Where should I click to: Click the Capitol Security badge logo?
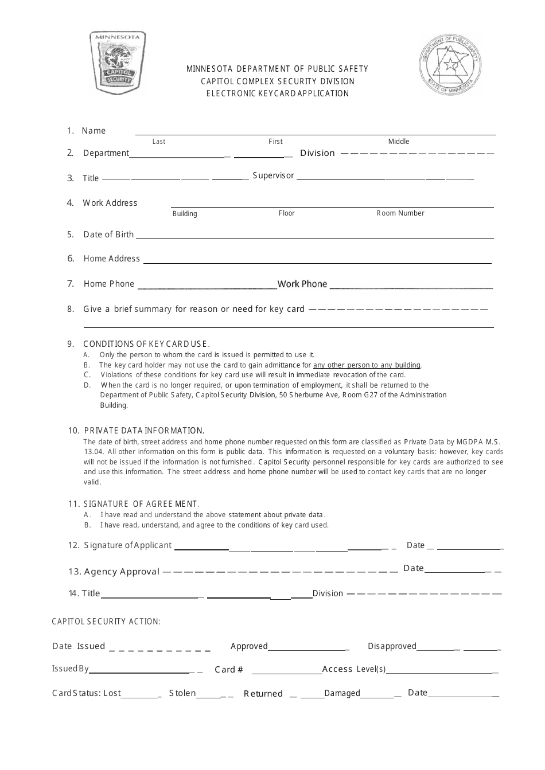[x=118, y=62]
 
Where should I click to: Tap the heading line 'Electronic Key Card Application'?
[x=277, y=93]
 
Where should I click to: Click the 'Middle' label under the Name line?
[x=399, y=142]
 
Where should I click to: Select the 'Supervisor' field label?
[x=273, y=175]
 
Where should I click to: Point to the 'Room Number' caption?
[x=400, y=213]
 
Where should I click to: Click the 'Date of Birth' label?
[x=108, y=234]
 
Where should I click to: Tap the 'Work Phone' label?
[x=302, y=284]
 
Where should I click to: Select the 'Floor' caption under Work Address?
[x=286, y=213]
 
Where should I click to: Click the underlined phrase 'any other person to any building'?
[x=367, y=365]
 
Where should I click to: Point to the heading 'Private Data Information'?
[x=144, y=431]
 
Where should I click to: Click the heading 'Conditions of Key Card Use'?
[x=146, y=344]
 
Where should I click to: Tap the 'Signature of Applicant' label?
[x=127, y=545]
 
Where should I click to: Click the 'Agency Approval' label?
[x=122, y=572]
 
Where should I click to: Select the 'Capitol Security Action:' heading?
[x=106, y=622]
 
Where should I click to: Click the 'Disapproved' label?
[x=392, y=646]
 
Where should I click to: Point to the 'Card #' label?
[x=229, y=670]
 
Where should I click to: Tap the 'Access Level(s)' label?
[x=354, y=669]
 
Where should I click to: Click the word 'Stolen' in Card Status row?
[x=182, y=693]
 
